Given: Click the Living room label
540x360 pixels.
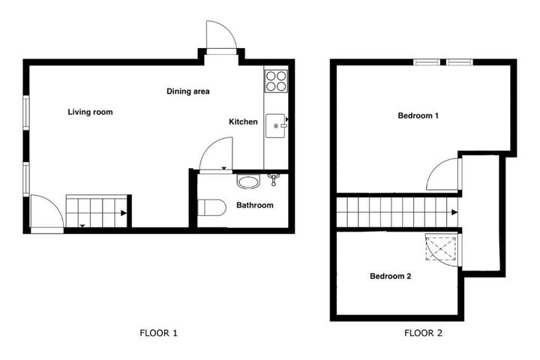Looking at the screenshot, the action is click(x=90, y=112).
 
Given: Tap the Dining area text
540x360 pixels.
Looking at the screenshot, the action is click(x=188, y=91).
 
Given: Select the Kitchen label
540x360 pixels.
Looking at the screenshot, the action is click(x=243, y=121).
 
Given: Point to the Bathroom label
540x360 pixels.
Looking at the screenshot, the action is click(x=255, y=205).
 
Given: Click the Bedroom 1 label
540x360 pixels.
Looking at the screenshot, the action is click(x=418, y=115).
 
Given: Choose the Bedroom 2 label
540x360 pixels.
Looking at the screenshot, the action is click(x=390, y=276).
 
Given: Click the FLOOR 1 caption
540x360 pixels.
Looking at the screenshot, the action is click(x=158, y=333).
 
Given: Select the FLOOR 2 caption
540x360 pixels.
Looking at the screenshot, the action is click(x=423, y=333).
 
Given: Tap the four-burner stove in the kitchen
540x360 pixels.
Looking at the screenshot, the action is click(x=276, y=81).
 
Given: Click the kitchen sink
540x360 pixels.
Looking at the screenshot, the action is click(x=275, y=126).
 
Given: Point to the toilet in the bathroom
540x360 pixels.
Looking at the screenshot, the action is click(x=211, y=208).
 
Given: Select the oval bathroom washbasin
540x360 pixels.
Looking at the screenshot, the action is click(x=248, y=181).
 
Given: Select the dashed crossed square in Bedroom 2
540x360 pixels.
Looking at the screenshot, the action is click(x=441, y=248).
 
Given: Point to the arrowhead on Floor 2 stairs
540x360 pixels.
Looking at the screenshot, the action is click(x=454, y=212).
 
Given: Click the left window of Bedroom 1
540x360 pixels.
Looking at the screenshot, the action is click(x=426, y=62).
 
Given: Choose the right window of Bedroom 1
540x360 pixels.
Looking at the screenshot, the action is click(x=460, y=62).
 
